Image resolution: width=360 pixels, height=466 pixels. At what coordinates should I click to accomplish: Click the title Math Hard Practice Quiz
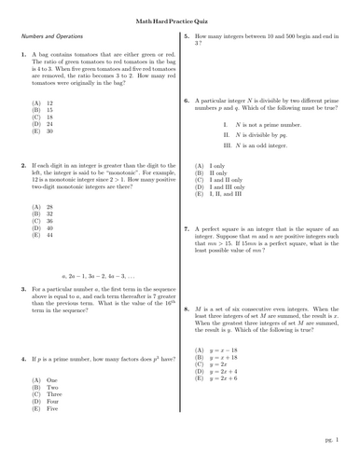(x=179, y=10)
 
